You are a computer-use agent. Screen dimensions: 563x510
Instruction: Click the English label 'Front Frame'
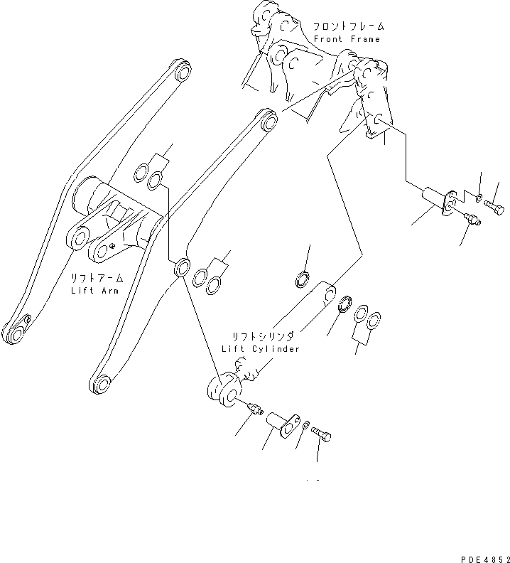[x=347, y=40]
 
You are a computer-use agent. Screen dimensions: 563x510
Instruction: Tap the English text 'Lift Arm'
[x=94, y=291]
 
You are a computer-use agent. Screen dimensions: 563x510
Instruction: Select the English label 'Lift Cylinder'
[x=261, y=348]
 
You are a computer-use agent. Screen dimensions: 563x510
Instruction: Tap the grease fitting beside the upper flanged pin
[x=470, y=222]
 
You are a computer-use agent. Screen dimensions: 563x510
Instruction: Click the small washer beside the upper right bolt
[x=479, y=198]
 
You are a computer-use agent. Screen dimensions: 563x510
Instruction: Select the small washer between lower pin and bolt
[x=304, y=426]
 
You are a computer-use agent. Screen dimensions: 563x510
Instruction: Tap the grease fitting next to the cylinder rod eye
[x=256, y=409]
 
